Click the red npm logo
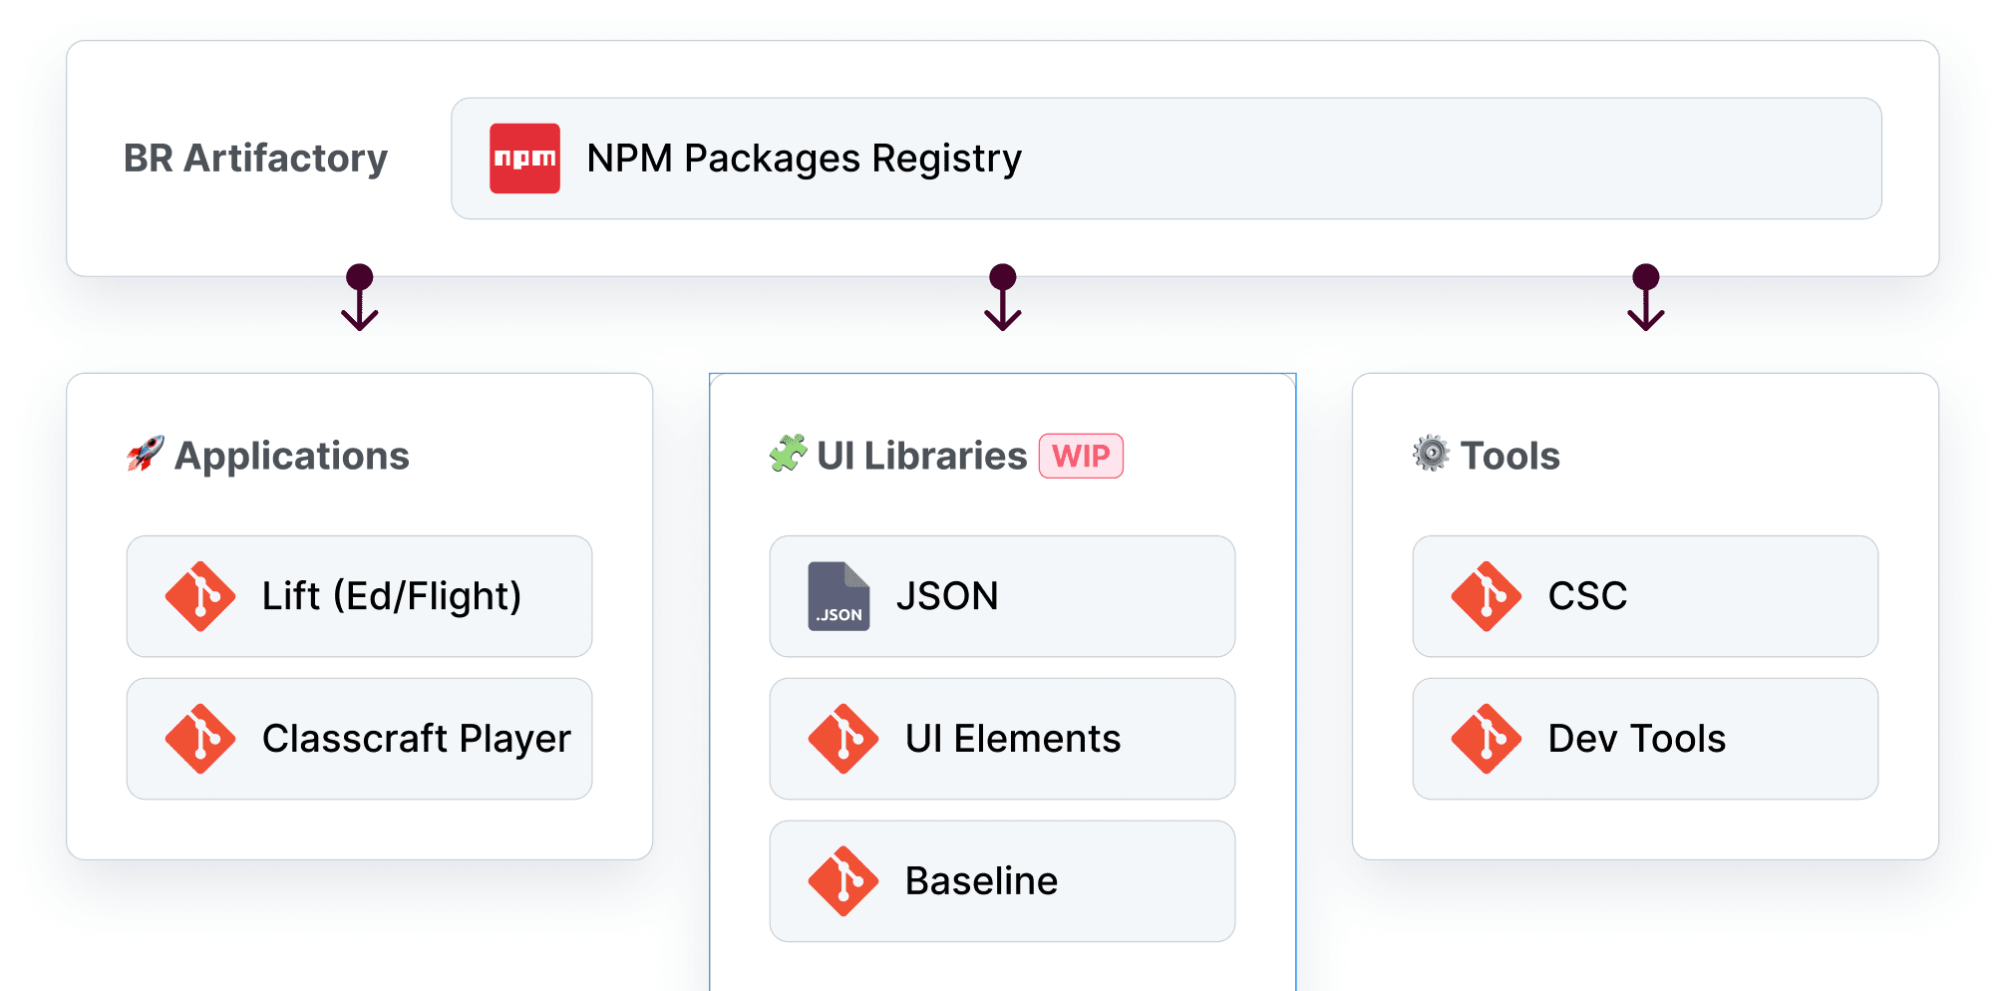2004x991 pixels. pos(524,159)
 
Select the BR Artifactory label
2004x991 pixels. pos(255,159)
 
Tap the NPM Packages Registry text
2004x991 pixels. pos(804,159)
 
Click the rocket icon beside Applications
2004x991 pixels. pos(146,455)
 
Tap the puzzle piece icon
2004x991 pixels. pos(788,455)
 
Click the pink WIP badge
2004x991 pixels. pos(1081,456)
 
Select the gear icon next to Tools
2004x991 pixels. pos(1431,454)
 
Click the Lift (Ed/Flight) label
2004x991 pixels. pos(392,596)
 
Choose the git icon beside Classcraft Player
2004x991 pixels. pos(200,739)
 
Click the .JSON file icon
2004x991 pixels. pos(838,596)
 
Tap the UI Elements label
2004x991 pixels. pos(1013,739)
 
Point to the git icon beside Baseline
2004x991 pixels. pos(843,881)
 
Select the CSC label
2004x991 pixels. pos(1587,596)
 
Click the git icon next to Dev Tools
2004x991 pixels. pos(1487,739)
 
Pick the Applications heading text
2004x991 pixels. pos(292,456)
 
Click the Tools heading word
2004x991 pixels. pos(1509,456)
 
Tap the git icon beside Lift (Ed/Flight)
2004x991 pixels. pos(200,596)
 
